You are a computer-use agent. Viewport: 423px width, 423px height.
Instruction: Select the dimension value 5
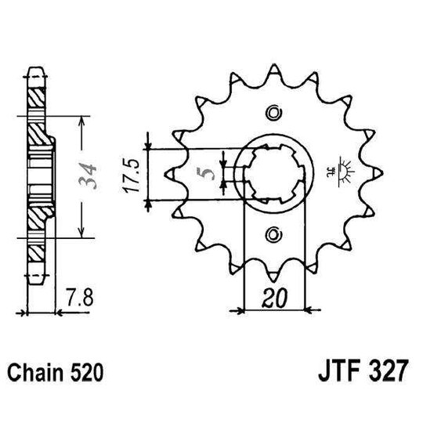coord(206,173)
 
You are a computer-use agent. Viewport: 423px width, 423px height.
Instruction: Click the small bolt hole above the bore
coord(273,117)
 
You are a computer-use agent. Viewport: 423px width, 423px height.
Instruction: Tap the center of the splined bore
coord(273,174)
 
